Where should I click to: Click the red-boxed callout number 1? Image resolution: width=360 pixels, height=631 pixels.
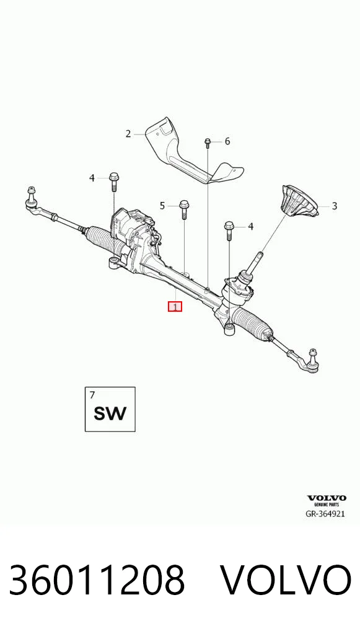pyautogui.click(x=175, y=307)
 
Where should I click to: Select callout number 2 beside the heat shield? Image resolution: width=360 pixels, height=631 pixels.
pyautogui.click(x=128, y=134)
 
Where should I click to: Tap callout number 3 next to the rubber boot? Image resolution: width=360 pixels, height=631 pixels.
pyautogui.click(x=334, y=206)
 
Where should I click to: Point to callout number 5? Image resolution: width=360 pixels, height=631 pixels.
pyautogui.click(x=162, y=206)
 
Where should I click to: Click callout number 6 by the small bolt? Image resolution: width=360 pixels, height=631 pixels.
pyautogui.click(x=227, y=141)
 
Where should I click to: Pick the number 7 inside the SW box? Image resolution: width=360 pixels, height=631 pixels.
pyautogui.click(x=92, y=395)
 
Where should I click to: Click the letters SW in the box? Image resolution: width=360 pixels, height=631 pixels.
pyautogui.click(x=110, y=413)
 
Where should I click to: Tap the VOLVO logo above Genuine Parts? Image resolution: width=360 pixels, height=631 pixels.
pyautogui.click(x=327, y=498)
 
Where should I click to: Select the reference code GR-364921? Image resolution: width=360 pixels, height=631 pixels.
pyautogui.click(x=325, y=514)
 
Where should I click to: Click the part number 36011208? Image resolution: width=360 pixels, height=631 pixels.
pyautogui.click(x=97, y=580)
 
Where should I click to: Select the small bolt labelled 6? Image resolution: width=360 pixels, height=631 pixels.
pyautogui.click(x=208, y=143)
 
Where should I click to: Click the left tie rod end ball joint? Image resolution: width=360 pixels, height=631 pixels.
pyautogui.click(x=32, y=199)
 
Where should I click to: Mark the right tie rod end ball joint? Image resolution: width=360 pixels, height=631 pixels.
pyautogui.click(x=312, y=360)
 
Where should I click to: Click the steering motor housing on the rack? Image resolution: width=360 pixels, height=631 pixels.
pyautogui.click(x=133, y=237)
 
